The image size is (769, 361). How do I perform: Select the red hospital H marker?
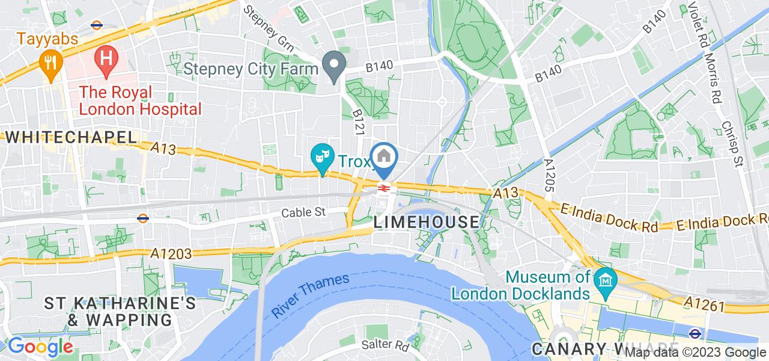[106, 58]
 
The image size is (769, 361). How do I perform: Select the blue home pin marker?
[384, 158]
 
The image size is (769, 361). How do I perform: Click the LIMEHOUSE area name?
[427, 222]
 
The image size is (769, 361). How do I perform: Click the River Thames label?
[310, 296]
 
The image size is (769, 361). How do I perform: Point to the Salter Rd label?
[386, 345]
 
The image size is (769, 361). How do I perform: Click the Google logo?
[40, 347]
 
